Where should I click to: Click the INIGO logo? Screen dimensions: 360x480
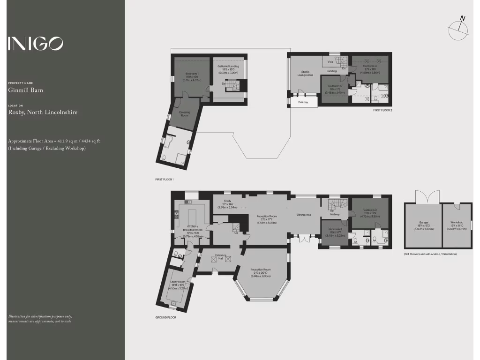point(35,44)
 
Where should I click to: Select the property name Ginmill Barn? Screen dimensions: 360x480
point(25,90)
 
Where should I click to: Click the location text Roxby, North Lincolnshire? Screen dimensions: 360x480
point(43,112)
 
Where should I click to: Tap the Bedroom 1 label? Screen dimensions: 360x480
point(192,74)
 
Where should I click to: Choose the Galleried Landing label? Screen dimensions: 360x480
point(228,67)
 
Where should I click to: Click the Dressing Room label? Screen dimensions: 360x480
point(184,113)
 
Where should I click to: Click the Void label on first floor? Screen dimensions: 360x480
point(330,62)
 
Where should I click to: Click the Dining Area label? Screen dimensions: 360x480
point(304,215)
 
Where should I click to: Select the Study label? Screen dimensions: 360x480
point(227,201)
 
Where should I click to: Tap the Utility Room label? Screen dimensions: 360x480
point(178,282)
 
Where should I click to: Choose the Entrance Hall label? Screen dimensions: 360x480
point(221,256)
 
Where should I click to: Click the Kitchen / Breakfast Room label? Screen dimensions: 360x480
point(192,228)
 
